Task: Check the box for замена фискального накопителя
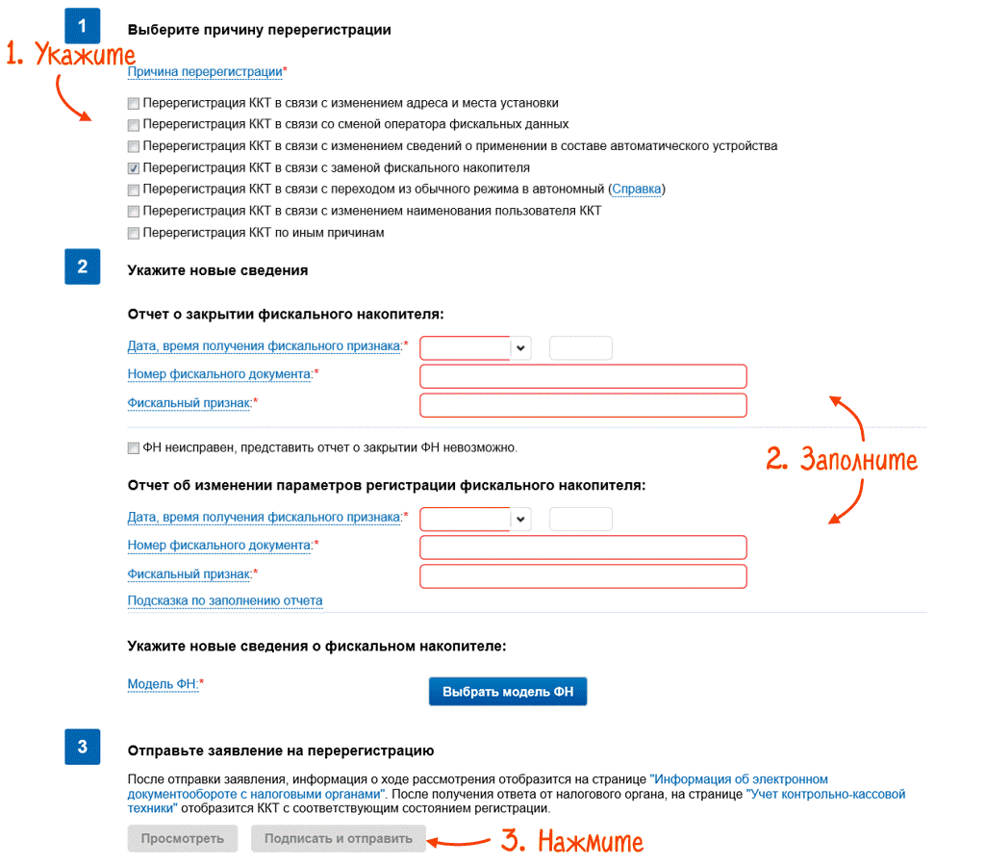133,168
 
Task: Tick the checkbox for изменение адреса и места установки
133,103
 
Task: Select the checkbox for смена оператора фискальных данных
133,125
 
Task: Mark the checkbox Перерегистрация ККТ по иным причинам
133,234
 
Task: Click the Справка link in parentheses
637,190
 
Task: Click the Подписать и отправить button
338,838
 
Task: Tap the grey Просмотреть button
183,838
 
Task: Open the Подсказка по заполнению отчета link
225,601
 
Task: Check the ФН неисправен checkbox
133,448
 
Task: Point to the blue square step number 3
82,747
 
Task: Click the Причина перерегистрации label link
205,72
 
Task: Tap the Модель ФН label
163,684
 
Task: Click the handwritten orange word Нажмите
590,842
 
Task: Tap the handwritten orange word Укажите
84,56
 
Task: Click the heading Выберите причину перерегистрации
259,30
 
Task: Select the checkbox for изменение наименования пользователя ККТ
133,212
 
